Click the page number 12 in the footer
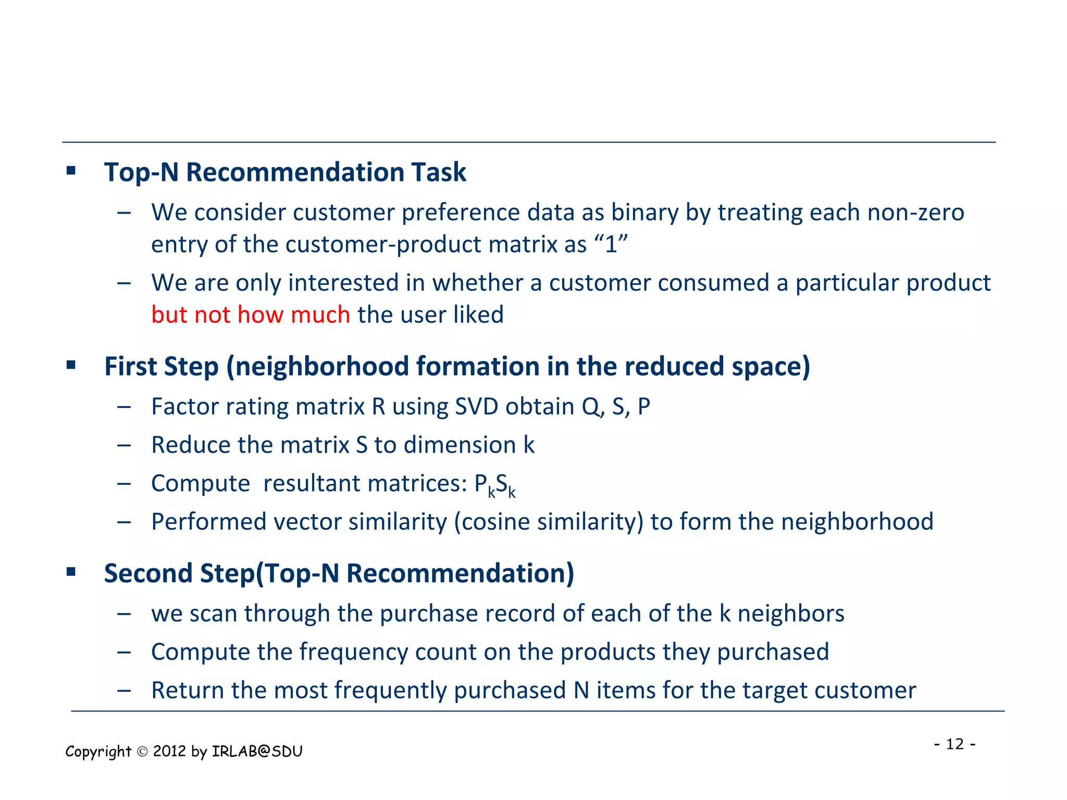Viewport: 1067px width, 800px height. (x=955, y=744)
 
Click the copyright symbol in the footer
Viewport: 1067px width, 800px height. (x=142, y=752)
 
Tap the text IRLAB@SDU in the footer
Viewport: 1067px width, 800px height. (x=257, y=751)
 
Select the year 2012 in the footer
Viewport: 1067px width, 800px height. (x=170, y=751)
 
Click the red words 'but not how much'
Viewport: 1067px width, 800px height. (x=251, y=315)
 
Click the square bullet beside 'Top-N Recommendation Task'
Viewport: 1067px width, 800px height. (x=71, y=170)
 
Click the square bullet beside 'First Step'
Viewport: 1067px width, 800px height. (x=71, y=365)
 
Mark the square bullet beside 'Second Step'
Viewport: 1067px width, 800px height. (x=71, y=572)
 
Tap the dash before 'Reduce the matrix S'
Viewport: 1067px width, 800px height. (x=124, y=445)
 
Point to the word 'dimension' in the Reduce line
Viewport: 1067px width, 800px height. (x=460, y=445)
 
